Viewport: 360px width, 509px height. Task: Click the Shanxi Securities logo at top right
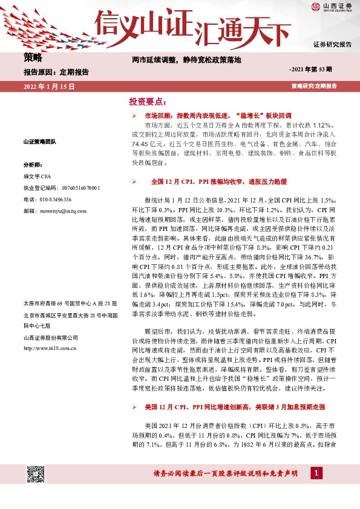(332, 7)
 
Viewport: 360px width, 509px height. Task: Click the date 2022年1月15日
(48, 86)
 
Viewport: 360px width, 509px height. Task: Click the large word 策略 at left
(33, 58)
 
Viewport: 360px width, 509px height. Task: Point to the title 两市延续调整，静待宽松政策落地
(187, 60)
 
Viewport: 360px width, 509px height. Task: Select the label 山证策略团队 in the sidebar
(39, 141)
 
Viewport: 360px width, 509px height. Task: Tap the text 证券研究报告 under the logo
(332, 45)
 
